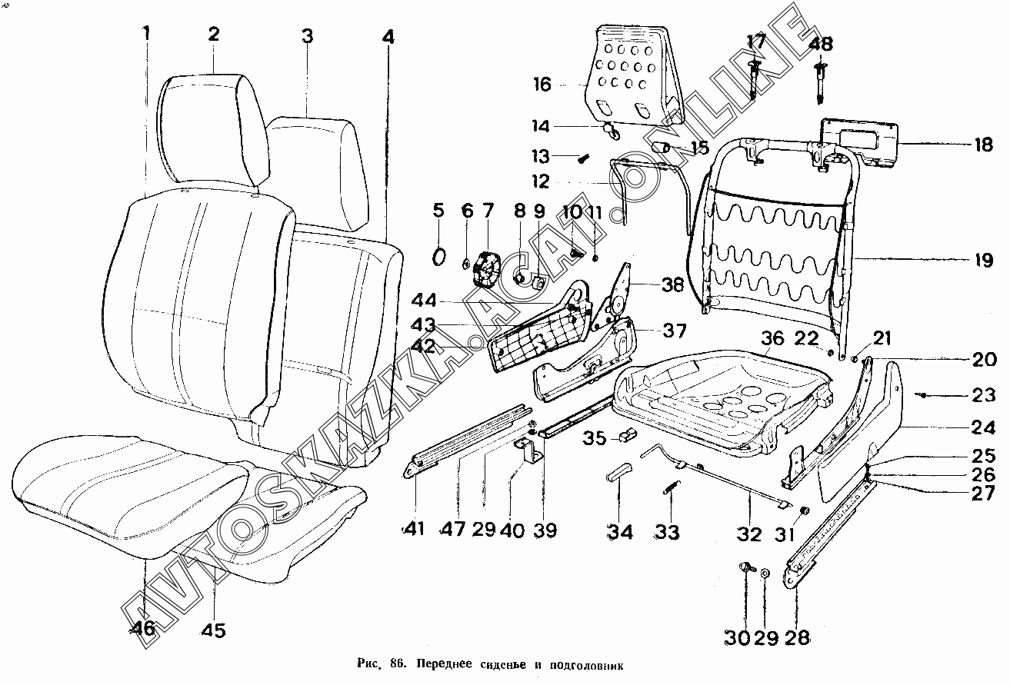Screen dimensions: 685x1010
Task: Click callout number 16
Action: tap(542, 84)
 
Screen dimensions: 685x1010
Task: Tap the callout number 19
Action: tap(984, 260)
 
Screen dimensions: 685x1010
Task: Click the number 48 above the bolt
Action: tap(821, 44)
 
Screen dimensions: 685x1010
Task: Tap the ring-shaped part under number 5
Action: tap(439, 256)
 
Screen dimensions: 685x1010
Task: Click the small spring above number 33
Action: tap(671, 488)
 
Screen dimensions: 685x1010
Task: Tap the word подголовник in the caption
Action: tap(590, 664)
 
